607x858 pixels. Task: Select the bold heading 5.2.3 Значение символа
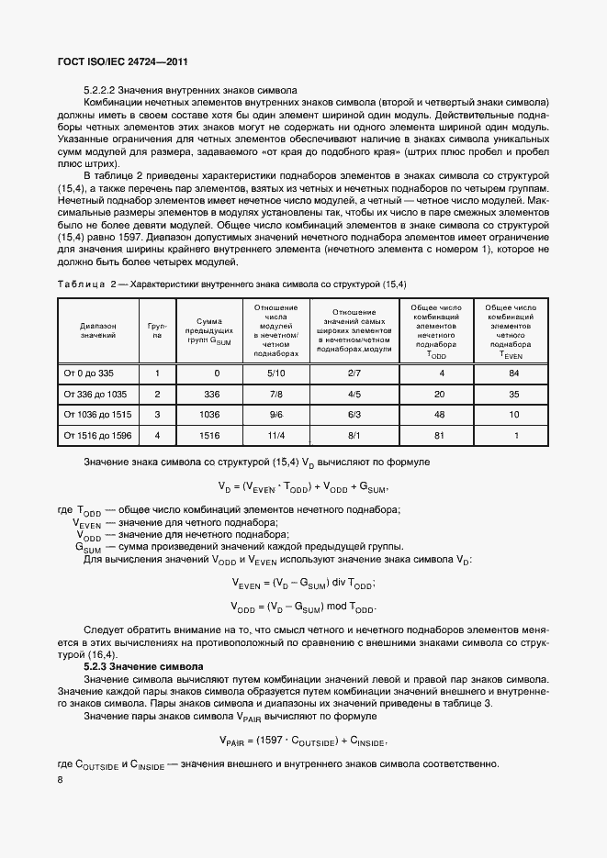point(142,665)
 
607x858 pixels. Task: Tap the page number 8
point(60,780)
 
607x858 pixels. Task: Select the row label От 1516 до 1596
point(97,437)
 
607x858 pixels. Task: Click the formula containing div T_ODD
point(302,584)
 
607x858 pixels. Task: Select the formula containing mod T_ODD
point(302,608)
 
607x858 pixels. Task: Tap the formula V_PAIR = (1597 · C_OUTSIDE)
point(303,741)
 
